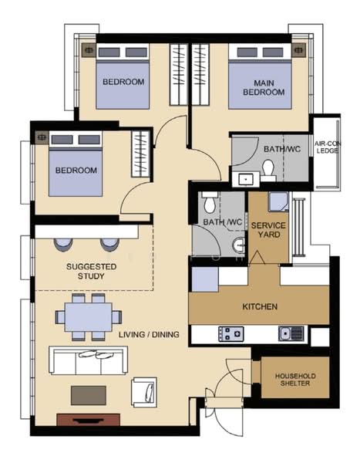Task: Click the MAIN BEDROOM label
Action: [264, 87]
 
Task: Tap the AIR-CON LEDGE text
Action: [328, 147]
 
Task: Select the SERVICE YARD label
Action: [268, 230]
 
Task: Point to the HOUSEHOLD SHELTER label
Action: [295, 380]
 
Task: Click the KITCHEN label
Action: [260, 306]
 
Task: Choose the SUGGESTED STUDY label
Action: [91, 271]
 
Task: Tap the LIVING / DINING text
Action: [149, 334]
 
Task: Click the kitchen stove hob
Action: [231, 333]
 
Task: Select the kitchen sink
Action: [291, 333]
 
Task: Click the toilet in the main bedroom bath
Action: [268, 170]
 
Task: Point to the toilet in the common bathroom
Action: [210, 201]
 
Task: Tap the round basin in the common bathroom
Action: [239, 245]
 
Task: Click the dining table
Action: [89, 317]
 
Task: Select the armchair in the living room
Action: [144, 392]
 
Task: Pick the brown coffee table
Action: [89, 395]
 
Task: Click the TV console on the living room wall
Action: [89, 420]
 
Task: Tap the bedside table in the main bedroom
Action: [299, 50]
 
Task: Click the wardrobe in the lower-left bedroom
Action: [141, 154]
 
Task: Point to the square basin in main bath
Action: [246, 179]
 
